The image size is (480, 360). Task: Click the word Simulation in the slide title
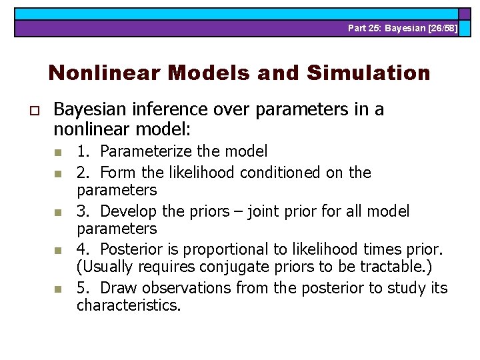tap(369, 73)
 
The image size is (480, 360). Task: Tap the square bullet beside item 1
tap(57, 153)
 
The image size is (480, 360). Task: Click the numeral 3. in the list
tap(83, 211)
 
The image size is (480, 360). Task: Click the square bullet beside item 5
tap(57, 289)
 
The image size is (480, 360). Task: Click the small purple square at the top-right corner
tap(465, 13)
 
